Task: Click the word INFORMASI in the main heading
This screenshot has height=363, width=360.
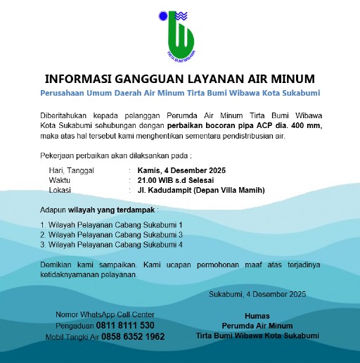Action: click(80, 77)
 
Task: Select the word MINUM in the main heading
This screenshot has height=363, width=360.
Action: click(292, 77)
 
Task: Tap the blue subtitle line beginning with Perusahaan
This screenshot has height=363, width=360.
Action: click(179, 93)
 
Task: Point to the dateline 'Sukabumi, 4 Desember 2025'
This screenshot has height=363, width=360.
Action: click(257, 293)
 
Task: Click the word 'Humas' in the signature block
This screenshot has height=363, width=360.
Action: click(257, 316)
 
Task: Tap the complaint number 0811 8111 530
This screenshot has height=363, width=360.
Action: click(125, 326)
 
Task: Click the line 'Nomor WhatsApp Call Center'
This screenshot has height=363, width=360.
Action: click(104, 314)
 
